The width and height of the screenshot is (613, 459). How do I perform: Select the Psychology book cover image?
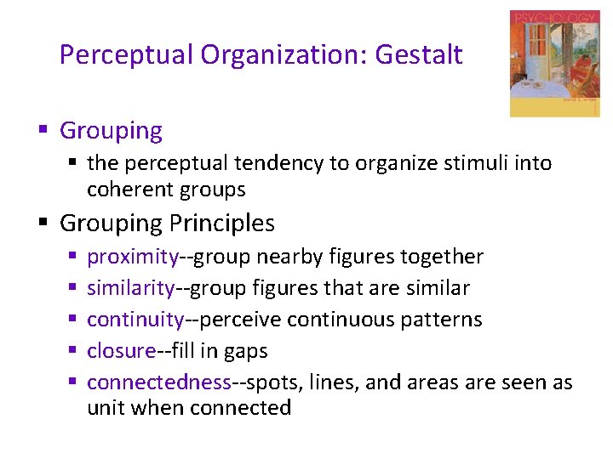coord(554,64)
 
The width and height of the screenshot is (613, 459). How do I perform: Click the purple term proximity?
coord(133,257)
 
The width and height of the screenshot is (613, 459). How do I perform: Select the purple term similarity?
coord(130,288)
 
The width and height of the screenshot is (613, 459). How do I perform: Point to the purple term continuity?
coord(135,320)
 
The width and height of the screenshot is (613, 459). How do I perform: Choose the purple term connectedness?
coord(159,382)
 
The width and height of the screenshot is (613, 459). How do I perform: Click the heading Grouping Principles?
coord(168,224)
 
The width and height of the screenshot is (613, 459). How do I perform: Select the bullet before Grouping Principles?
coord(42,224)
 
